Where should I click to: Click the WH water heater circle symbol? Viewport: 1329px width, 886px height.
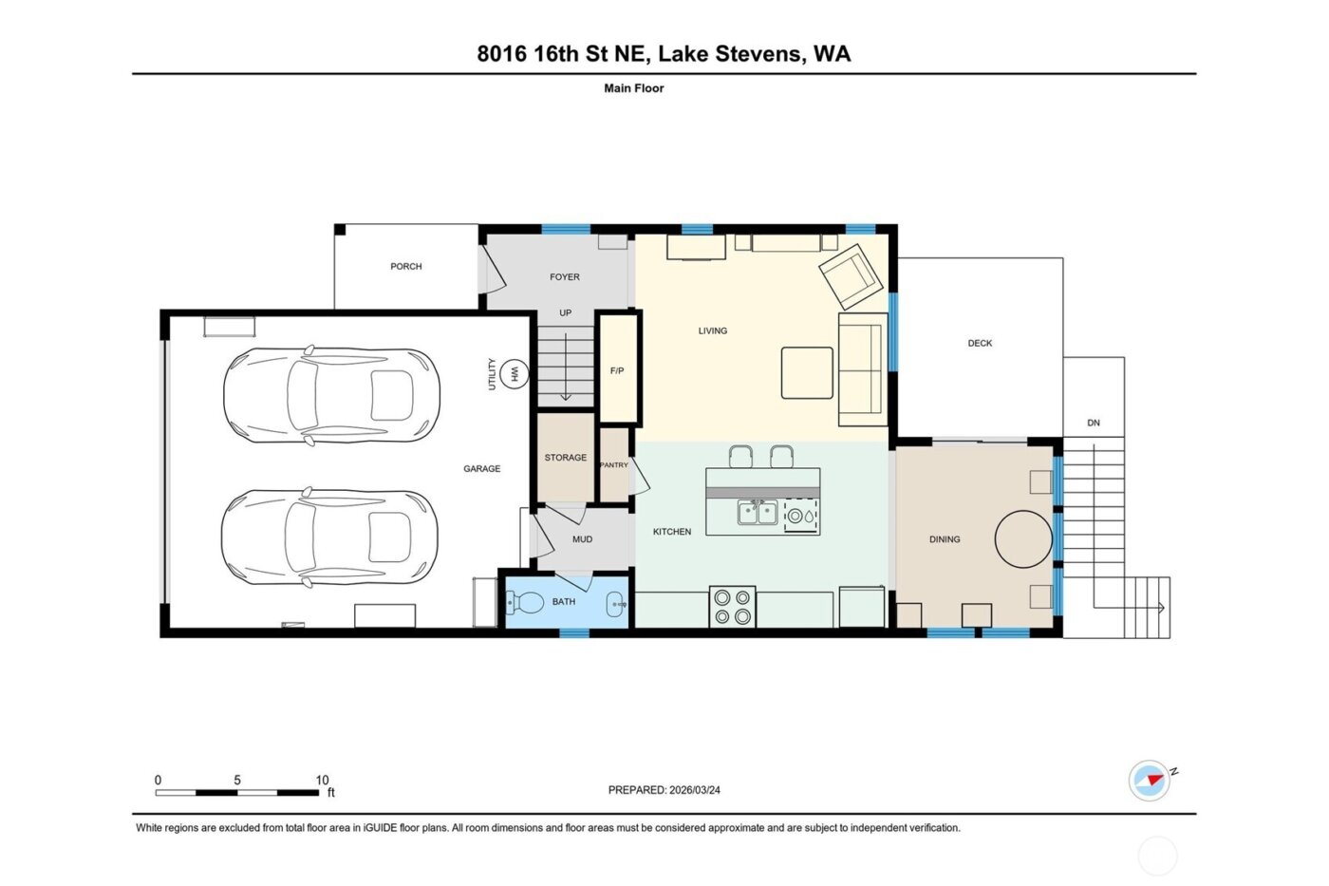[x=515, y=374]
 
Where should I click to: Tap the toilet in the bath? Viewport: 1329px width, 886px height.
[x=526, y=602]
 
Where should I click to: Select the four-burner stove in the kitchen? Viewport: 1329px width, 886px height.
[x=732, y=607]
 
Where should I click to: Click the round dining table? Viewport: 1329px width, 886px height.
[x=1023, y=539]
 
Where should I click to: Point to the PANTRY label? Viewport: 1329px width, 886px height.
[x=614, y=465]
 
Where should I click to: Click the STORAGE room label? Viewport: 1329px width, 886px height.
[x=565, y=458]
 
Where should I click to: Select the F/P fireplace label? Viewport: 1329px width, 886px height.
[x=617, y=371]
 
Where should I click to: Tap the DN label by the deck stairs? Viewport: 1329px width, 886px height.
[x=1094, y=424]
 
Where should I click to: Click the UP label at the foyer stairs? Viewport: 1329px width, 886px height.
[x=565, y=313]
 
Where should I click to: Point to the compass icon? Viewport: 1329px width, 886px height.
[x=1150, y=781]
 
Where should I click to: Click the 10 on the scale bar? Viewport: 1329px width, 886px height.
[x=322, y=781]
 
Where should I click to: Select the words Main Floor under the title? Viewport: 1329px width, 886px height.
[x=633, y=88]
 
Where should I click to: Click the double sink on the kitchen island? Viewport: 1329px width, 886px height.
[x=758, y=514]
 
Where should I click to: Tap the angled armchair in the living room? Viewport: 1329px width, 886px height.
[x=852, y=275]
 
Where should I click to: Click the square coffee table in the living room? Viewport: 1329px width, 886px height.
[x=807, y=373]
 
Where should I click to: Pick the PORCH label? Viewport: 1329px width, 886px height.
[x=405, y=267]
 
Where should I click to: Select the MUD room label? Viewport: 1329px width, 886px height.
[x=582, y=539]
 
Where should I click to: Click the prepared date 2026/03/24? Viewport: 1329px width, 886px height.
[x=694, y=790]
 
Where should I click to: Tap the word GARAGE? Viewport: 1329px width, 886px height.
[x=481, y=469]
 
